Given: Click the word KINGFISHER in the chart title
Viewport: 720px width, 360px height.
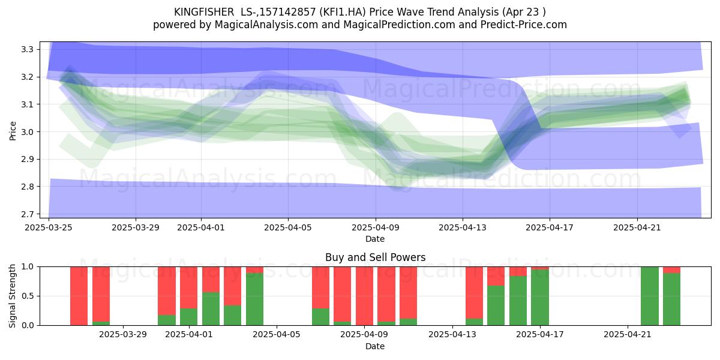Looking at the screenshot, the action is click(204, 12).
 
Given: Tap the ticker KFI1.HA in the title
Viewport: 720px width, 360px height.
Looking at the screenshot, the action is click(343, 12).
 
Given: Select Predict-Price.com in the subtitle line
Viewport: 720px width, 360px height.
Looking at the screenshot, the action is click(524, 25).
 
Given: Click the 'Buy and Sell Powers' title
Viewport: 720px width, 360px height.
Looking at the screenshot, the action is click(375, 257).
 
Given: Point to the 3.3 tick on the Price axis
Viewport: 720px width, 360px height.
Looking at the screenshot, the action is click(27, 49).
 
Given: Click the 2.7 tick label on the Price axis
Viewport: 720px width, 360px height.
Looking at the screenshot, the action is click(27, 214).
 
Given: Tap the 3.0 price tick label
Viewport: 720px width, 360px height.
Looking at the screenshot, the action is click(27, 132).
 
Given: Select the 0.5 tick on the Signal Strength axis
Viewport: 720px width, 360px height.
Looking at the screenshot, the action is click(27, 296).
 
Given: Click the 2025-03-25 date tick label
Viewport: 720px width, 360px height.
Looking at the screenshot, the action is click(49, 227).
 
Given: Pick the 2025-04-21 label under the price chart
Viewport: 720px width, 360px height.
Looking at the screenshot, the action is click(637, 227).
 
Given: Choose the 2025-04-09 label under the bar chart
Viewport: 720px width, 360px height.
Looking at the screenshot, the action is click(364, 335).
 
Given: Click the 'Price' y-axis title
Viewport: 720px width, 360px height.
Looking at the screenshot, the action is click(13, 131).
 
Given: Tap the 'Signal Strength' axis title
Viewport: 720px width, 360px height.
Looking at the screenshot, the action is click(12, 296).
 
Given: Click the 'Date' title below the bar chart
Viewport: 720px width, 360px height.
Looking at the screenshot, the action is click(375, 347).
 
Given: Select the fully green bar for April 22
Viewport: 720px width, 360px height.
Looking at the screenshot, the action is click(650, 296).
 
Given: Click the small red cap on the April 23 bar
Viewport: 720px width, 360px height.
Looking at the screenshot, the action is click(671, 270).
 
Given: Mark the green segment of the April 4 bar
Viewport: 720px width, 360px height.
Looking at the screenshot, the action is click(254, 299).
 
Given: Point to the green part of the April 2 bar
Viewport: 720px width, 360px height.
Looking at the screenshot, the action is click(211, 309).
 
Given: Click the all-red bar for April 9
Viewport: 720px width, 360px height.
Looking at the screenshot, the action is click(364, 296).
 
